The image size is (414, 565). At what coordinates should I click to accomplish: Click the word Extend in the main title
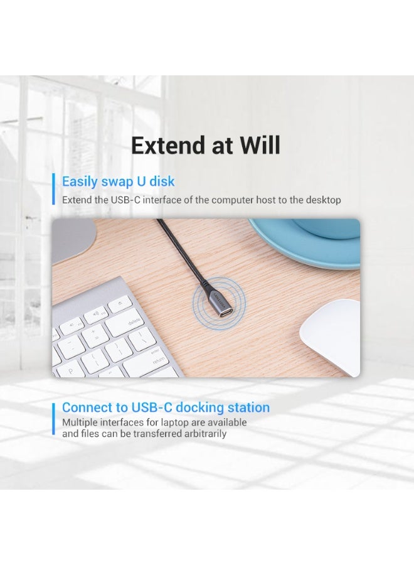[163, 146]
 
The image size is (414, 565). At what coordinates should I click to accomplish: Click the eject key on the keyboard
[117, 306]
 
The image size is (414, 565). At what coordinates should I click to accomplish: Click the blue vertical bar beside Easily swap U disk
[53, 189]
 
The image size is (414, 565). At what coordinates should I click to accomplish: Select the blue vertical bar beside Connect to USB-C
[53, 421]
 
